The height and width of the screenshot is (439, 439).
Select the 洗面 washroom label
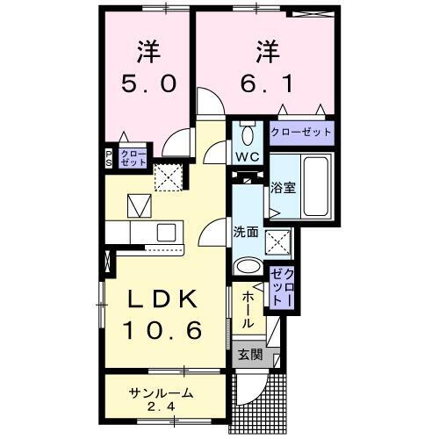(x=245, y=232)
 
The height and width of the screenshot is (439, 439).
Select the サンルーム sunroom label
(x=161, y=392)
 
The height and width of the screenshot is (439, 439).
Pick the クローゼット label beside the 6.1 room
(x=301, y=132)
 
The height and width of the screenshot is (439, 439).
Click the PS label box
(x=110, y=158)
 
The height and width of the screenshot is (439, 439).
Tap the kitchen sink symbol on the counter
(x=164, y=233)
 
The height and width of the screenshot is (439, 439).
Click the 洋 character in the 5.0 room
(x=148, y=50)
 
